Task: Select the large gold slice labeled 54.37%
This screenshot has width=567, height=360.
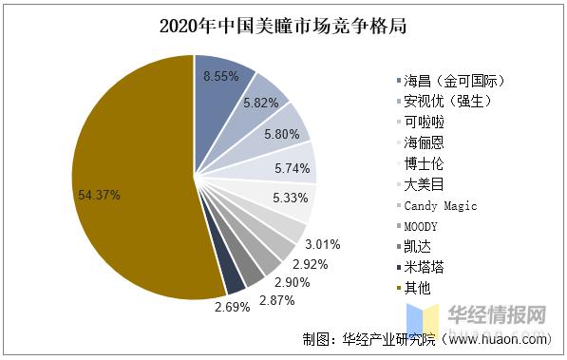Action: point(123,180)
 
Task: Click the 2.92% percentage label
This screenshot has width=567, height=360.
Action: point(309,263)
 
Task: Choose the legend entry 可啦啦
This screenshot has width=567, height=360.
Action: point(424,122)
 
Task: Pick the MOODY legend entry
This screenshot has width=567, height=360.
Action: point(421,226)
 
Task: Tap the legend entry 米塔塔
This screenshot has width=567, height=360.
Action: point(424,268)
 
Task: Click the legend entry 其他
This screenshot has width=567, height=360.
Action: point(417,289)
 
